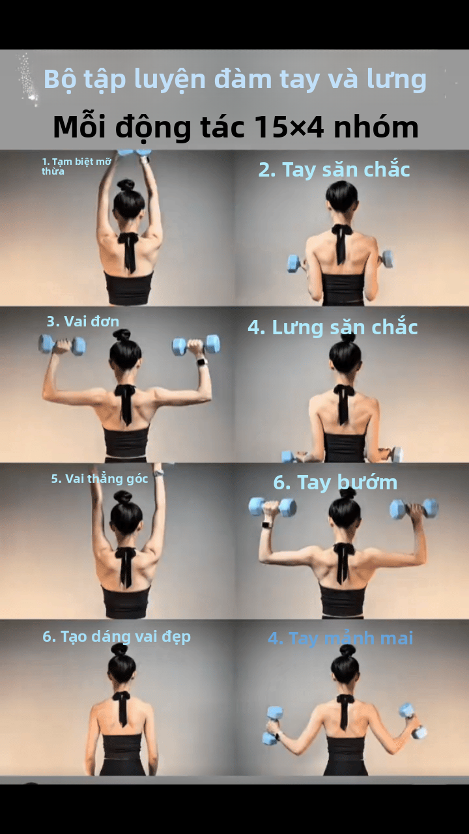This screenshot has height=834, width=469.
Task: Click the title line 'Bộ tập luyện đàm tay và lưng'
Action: click(234, 79)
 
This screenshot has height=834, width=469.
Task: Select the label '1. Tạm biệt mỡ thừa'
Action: click(76, 165)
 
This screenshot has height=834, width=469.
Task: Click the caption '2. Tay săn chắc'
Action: click(334, 169)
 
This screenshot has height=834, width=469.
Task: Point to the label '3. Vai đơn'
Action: click(83, 321)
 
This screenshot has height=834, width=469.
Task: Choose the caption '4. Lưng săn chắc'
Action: click(332, 327)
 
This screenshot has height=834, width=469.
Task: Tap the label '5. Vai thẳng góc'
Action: click(100, 479)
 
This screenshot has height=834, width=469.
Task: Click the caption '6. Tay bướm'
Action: click(335, 483)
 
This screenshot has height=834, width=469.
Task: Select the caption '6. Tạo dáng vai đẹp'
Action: click(117, 637)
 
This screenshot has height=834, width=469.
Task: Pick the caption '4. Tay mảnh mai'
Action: click(340, 639)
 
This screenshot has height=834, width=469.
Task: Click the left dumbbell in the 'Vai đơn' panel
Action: click(62, 344)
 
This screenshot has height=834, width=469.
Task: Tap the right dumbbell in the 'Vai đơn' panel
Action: click(196, 345)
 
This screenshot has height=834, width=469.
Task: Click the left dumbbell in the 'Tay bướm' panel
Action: click(272, 507)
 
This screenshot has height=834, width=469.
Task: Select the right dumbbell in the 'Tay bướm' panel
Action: click(414, 508)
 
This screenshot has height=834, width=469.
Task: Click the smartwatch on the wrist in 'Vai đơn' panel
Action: click(201, 362)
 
